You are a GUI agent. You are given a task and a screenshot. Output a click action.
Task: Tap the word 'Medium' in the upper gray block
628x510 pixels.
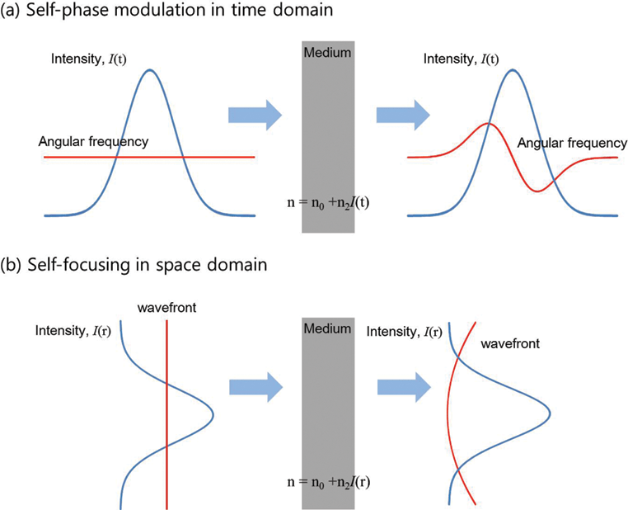coord(328,53)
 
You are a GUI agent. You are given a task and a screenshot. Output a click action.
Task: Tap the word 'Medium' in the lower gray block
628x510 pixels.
coord(328,328)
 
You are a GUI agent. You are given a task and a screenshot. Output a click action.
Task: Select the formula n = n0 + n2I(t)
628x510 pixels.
coord(329,200)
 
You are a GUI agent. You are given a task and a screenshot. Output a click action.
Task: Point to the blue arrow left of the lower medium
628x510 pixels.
coord(255,385)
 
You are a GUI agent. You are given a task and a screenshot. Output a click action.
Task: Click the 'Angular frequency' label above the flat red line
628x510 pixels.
coord(93,142)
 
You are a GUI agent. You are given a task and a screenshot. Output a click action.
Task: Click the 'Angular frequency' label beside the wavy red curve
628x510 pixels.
coord(572,144)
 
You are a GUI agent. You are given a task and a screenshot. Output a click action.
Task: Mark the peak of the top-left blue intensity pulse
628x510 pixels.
coord(149,70)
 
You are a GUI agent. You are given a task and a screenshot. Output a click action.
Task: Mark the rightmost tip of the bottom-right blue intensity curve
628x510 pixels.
coord(550,412)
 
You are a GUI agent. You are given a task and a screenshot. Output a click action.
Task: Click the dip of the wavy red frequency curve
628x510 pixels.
coord(537,191)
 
